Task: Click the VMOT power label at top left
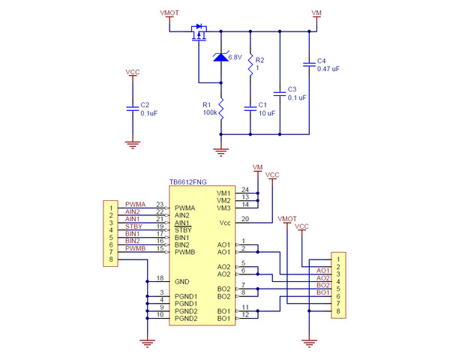pyautogui.click(x=170, y=13)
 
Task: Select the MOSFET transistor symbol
pyautogui.click(x=199, y=33)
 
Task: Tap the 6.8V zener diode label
pyautogui.click(x=234, y=57)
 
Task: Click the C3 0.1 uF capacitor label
pyautogui.click(x=297, y=94)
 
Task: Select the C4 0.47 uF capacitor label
pyautogui.click(x=327, y=64)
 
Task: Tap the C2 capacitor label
pyautogui.click(x=148, y=109)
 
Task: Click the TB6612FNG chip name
pyautogui.click(x=188, y=182)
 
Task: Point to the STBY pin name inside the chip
pyautogui.click(x=183, y=230)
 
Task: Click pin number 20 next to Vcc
pyautogui.click(x=244, y=219)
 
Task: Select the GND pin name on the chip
pyautogui.click(x=181, y=281)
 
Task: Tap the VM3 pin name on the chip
pyautogui.click(x=223, y=208)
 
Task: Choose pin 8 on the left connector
pyautogui.click(x=111, y=259)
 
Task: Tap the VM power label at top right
pyautogui.click(x=316, y=13)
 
